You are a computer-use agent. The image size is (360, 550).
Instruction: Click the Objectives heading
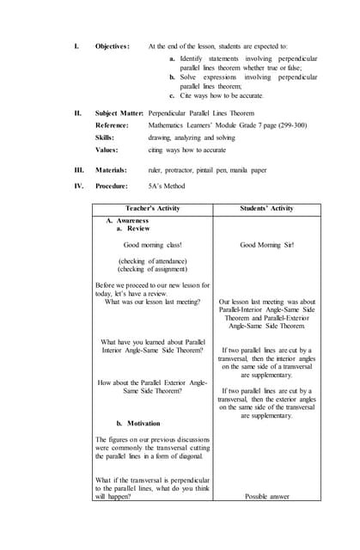[112, 46]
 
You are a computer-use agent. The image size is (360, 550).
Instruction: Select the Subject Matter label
[119, 113]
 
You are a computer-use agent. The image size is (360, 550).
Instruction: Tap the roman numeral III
[78, 170]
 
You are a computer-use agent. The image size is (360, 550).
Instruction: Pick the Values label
[107, 149]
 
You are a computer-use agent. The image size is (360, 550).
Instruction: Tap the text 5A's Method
[167, 186]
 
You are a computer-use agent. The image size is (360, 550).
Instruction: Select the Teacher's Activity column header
[152, 208]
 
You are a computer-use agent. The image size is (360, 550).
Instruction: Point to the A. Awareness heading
[127, 221]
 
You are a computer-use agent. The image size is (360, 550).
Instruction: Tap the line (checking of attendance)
[152, 260]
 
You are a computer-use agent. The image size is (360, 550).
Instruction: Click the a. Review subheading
[133, 229]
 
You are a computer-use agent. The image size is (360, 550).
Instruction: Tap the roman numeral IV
[78, 186]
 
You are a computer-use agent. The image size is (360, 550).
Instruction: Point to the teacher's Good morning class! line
[152, 245]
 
